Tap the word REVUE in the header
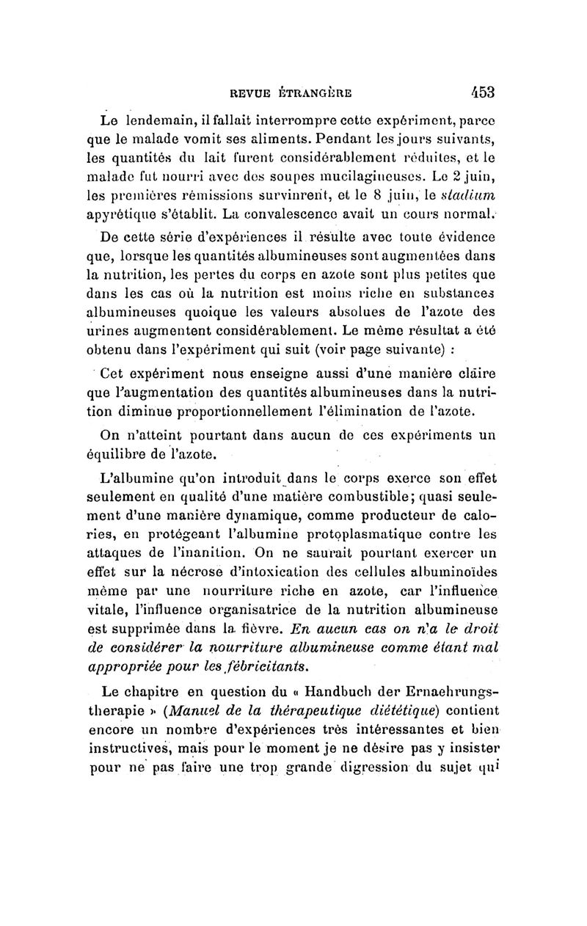coord(250,93)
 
